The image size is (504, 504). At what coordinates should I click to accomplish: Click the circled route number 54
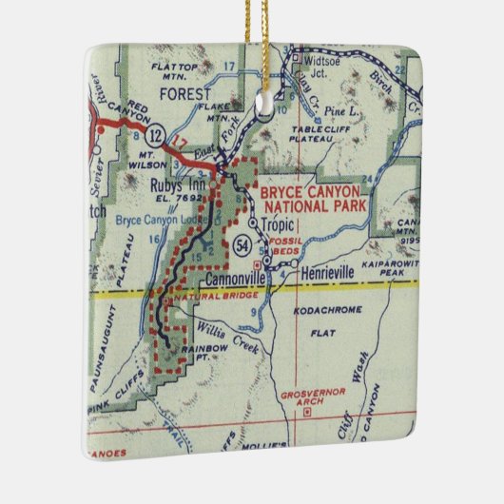tap(242, 245)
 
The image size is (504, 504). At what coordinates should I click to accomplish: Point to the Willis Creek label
tap(226, 333)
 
